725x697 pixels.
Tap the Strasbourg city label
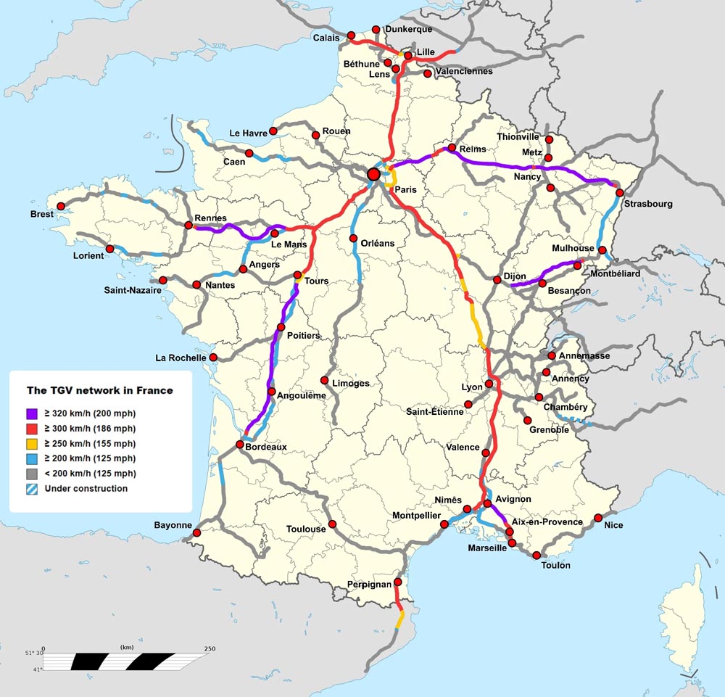click(647, 204)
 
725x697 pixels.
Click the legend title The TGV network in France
click(100, 390)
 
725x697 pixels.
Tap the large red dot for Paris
click(373, 174)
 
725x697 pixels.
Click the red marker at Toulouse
click(332, 524)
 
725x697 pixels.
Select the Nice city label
click(613, 525)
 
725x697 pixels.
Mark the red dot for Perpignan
click(398, 582)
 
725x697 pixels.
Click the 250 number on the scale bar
click(210, 648)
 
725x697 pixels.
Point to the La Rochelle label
click(181, 358)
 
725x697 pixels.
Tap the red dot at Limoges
click(325, 380)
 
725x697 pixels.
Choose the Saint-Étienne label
click(435, 412)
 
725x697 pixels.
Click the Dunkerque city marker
click(376, 30)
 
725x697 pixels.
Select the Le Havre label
click(249, 133)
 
